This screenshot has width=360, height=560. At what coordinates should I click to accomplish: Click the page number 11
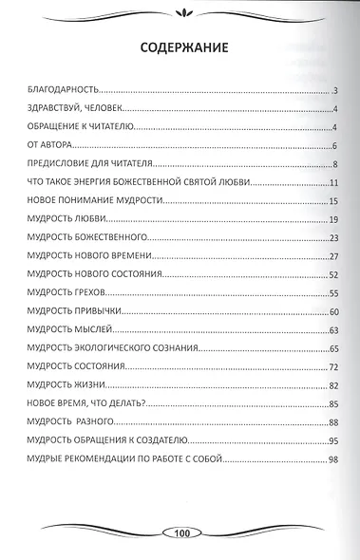pos(334,181)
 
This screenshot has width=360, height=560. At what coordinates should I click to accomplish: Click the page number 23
pos(334,237)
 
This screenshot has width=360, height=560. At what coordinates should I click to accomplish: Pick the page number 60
pos(334,311)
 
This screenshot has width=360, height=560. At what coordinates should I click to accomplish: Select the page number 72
pos(334,366)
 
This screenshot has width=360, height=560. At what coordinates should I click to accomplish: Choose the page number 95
pos(334,440)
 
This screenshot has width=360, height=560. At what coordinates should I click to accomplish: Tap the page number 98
pos(334,458)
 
